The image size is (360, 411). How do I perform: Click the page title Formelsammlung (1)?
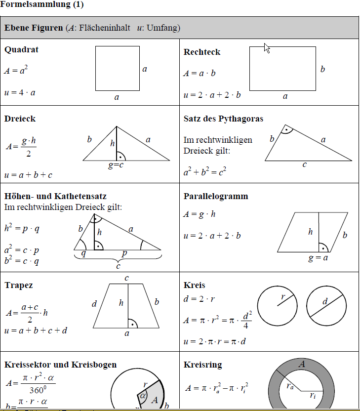click(42, 5)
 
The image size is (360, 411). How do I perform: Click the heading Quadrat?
click(21, 49)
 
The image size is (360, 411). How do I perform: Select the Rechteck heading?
click(202, 52)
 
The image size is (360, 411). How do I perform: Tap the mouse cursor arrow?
click(267, 47)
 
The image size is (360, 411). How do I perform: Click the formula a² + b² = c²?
click(205, 172)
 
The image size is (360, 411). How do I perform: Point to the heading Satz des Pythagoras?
click(223, 119)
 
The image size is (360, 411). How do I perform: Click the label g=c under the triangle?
click(117, 165)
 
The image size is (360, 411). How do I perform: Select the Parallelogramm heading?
click(216, 196)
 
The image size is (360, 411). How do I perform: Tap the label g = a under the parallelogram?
click(318, 257)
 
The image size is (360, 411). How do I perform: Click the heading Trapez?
click(19, 286)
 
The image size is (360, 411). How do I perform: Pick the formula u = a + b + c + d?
click(36, 330)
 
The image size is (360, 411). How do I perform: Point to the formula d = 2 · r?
click(200, 299)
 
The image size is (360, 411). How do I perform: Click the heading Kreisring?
click(202, 365)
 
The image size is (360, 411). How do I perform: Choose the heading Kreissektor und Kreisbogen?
click(61, 365)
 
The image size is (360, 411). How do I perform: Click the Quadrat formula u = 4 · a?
click(20, 92)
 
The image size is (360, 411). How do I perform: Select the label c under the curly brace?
click(118, 266)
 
